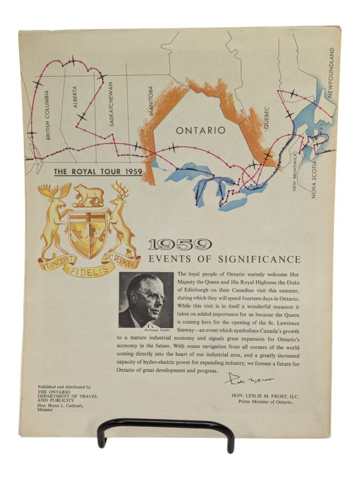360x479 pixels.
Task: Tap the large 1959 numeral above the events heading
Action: (x=179, y=244)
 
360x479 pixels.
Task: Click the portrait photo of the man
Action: (x=146, y=300)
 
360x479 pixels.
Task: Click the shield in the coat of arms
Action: (x=88, y=232)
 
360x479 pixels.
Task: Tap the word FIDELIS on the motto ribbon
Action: (x=88, y=270)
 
